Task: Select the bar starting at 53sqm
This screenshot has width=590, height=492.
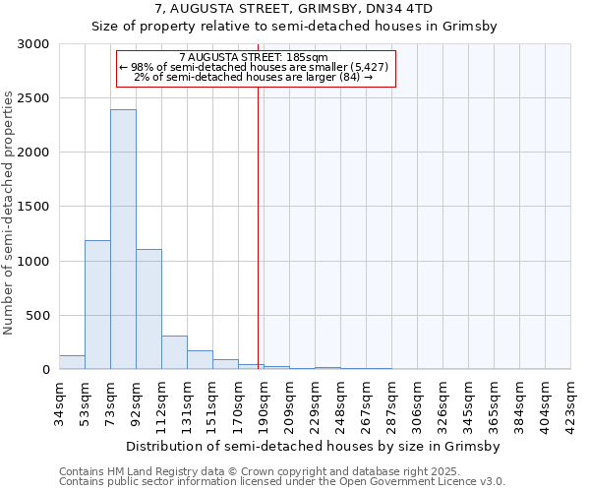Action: coord(97,304)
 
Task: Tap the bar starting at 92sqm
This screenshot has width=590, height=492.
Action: coord(148,309)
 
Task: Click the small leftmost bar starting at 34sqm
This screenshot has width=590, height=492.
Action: coord(72,362)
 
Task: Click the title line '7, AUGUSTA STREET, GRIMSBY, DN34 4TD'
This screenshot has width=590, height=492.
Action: coord(295,11)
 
